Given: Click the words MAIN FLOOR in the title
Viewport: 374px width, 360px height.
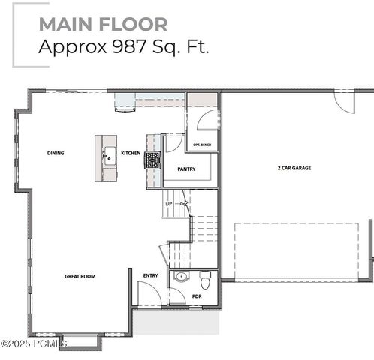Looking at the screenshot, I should pyautogui.click(x=103, y=24).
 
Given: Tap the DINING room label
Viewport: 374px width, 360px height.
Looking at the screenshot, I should pyautogui.click(x=56, y=153).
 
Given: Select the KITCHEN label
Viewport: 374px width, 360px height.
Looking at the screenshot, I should pyautogui.click(x=131, y=153).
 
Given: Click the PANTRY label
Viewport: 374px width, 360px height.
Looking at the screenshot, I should pyautogui.click(x=186, y=169).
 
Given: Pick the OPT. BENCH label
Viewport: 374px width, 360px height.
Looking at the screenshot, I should pyautogui.click(x=201, y=145).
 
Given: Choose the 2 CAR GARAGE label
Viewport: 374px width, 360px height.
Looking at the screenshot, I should pyautogui.click(x=294, y=168).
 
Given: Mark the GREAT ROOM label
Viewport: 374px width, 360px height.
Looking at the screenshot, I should pyautogui.click(x=80, y=276).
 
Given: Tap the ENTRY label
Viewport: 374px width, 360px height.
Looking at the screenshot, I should pyautogui.click(x=150, y=275).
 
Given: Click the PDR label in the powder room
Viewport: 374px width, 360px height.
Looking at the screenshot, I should pyautogui.click(x=197, y=296).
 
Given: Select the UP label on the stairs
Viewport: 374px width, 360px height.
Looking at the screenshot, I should pyautogui.click(x=169, y=203).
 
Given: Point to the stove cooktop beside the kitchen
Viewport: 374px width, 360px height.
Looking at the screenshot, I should pyautogui.click(x=152, y=159).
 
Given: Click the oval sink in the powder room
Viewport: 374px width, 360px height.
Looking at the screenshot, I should pyautogui.click(x=180, y=277).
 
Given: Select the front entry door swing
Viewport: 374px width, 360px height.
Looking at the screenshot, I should pyautogui.click(x=148, y=294).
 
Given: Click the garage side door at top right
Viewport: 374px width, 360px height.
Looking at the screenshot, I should pyautogui.click(x=344, y=102).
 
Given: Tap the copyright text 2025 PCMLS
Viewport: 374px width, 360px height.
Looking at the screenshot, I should pyautogui.click(x=34, y=343).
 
